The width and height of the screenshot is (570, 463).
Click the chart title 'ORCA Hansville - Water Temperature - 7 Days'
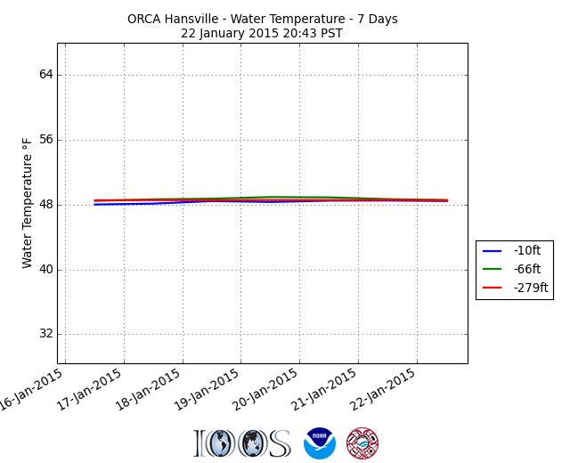click(262, 19)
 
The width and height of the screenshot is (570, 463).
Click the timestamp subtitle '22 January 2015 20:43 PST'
click(262, 34)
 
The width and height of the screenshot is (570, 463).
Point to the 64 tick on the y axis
click(45, 75)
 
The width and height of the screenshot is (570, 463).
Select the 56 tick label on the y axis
click(45, 140)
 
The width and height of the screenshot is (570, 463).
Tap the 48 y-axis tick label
click(45, 205)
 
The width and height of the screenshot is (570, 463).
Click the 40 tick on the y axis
click(45, 270)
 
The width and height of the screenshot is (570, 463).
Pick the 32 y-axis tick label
click(45, 335)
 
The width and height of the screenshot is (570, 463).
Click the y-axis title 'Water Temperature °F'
click(28, 203)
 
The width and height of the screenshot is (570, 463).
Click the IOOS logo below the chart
click(242, 443)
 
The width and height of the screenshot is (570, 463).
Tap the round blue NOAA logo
click(320, 443)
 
